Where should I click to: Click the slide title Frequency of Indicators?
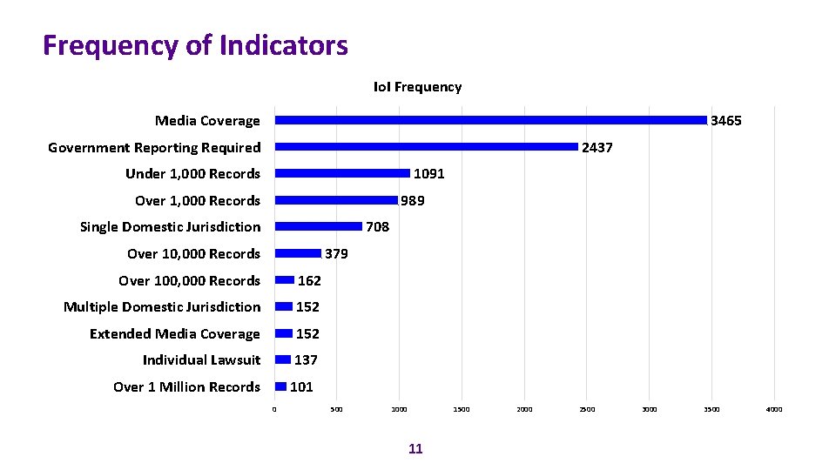[x=195, y=45]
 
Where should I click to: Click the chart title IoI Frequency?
[x=417, y=87]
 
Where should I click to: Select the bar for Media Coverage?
[x=490, y=120]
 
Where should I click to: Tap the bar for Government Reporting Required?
[x=426, y=147]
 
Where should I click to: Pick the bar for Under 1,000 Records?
[x=342, y=173]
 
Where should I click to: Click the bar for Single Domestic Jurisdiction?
[x=318, y=226]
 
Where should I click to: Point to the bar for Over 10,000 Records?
[x=298, y=253]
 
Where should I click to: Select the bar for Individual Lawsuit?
[x=283, y=359]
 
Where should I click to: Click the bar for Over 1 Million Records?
[x=280, y=386]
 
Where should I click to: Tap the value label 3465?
[x=726, y=121]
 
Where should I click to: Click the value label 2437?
[x=597, y=148]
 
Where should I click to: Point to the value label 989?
[x=413, y=201]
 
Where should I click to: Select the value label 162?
[x=309, y=280]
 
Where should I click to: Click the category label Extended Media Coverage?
[x=174, y=334]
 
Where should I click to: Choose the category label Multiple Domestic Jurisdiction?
[x=162, y=307]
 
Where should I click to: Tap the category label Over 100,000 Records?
[x=189, y=281]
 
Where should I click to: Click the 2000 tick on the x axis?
[x=524, y=409]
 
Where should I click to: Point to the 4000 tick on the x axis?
[x=774, y=409]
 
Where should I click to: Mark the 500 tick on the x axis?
[x=337, y=409]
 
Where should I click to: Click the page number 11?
[x=415, y=449]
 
